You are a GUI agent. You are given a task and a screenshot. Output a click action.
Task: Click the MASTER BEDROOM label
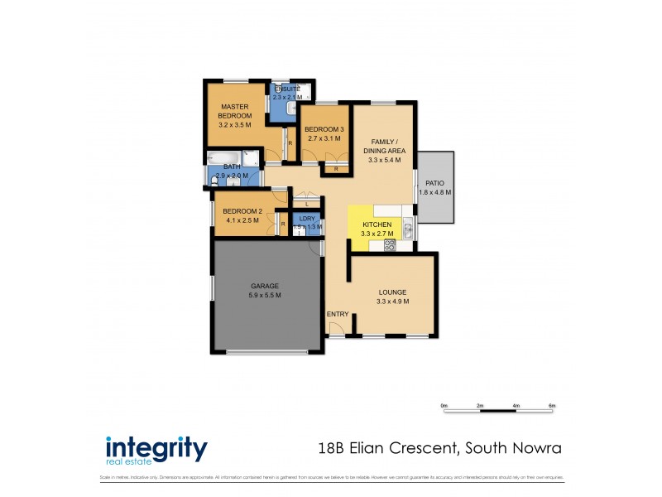click(235, 111)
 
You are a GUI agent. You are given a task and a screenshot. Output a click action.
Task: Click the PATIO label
click(435, 183)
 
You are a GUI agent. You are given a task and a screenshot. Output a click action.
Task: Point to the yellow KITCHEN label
click(376, 224)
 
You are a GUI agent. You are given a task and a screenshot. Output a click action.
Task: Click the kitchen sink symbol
click(409, 231)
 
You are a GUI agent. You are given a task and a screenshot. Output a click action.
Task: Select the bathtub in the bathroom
click(223, 157)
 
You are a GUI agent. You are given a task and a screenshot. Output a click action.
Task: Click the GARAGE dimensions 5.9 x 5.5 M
click(265, 295)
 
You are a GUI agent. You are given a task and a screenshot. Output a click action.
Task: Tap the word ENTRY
click(338, 314)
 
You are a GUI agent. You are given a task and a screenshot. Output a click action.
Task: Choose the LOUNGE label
click(392, 292)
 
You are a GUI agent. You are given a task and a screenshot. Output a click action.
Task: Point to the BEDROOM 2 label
click(242, 211)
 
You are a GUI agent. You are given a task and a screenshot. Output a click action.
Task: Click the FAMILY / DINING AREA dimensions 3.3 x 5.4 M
click(386, 160)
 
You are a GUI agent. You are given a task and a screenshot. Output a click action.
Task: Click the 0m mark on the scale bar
click(444, 405)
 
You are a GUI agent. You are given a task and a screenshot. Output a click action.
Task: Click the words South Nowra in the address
click(513, 448)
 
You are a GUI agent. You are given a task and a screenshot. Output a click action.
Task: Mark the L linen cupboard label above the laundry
click(307, 203)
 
